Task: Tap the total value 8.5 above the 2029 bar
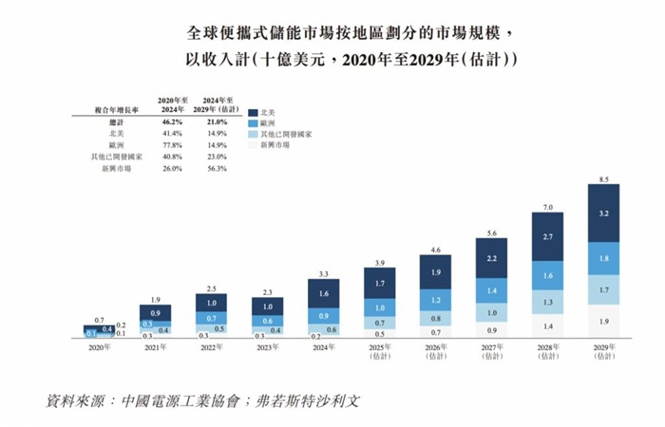pos(604,176)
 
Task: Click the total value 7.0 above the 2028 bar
pos(548,206)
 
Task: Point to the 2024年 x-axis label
pos(324,349)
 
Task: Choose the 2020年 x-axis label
pos(99,349)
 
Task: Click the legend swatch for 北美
pos(251,112)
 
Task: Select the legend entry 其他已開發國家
pos(286,137)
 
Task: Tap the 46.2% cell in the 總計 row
pos(171,121)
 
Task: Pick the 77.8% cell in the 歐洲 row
pos(171,145)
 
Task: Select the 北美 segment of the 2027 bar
pos(492,257)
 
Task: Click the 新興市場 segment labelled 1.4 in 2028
pos(548,325)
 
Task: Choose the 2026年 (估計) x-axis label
pos(436,353)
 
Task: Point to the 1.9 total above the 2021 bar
pos(155,298)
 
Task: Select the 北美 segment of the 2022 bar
pos(211,303)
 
